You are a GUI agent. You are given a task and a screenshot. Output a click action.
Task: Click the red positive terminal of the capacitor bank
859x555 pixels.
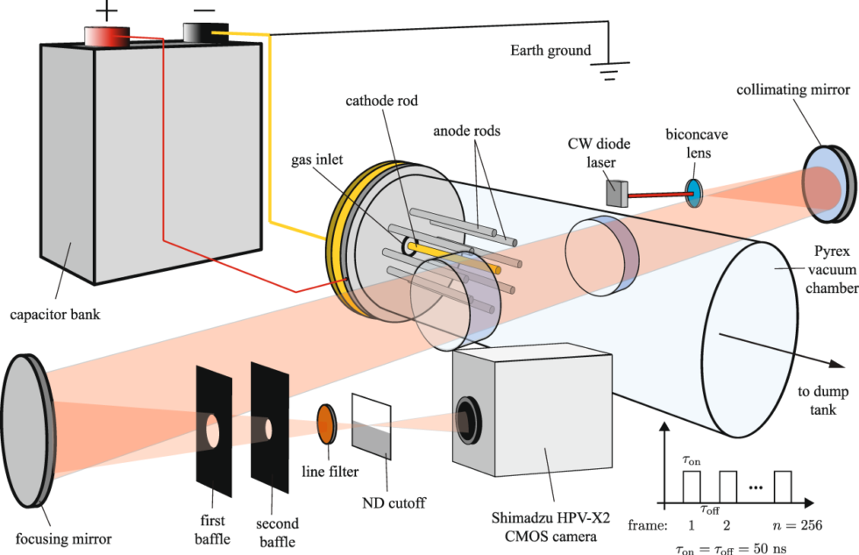click(106, 36)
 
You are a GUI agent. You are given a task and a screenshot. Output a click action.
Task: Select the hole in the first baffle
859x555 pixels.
click(213, 429)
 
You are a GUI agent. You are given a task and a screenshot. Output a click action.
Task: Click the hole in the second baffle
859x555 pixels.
click(269, 428)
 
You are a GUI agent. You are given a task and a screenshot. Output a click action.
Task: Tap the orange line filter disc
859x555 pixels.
click(325, 423)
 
